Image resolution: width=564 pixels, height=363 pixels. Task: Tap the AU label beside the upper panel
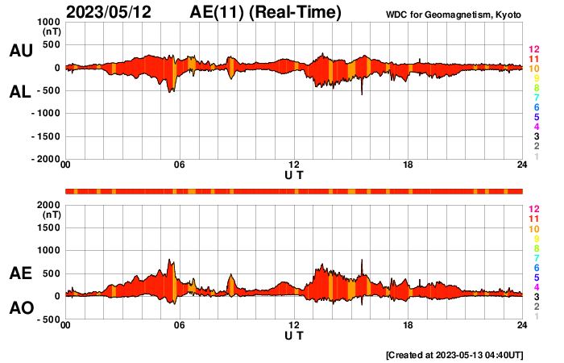coord(20,51)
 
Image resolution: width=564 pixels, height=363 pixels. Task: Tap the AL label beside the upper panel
coord(20,93)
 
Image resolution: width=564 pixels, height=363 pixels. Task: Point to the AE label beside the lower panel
coord(20,274)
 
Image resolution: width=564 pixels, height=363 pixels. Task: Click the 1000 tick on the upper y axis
coord(48,22)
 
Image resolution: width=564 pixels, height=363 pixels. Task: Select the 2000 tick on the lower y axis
coord(48,206)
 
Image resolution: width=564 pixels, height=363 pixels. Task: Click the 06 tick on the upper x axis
coord(179,165)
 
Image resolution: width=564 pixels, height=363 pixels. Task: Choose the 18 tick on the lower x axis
coord(408,325)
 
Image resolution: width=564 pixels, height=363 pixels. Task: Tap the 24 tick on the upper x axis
coord(522,165)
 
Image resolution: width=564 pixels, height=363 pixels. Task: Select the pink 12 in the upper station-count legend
coord(533,49)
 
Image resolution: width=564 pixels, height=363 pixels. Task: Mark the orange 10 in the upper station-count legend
coord(533,69)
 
